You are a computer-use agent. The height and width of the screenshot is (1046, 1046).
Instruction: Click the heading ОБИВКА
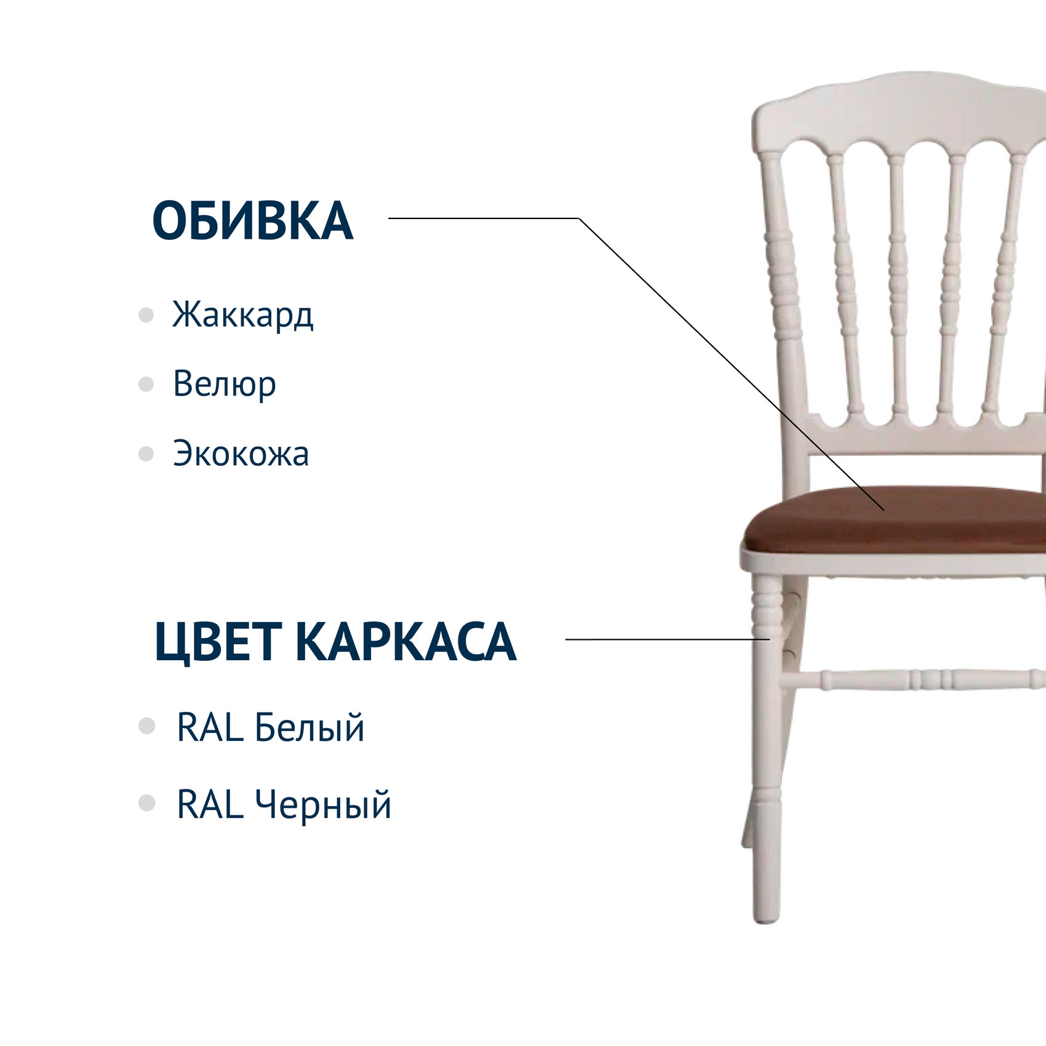252,220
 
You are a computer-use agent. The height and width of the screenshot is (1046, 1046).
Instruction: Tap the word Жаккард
242,314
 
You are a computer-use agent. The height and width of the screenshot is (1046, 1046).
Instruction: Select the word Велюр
224,384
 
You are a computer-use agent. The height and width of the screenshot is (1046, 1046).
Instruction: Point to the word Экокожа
241,453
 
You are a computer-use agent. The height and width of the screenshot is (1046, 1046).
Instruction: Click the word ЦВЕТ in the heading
218,642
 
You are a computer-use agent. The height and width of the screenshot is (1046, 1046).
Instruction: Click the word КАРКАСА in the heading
406,642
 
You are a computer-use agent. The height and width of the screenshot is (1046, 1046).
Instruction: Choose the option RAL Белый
270,727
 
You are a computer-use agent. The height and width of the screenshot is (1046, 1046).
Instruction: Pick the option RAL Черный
284,805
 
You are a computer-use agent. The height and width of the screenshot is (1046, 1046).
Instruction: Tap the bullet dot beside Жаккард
146,315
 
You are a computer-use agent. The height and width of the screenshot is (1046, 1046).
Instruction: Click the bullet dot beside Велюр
146,385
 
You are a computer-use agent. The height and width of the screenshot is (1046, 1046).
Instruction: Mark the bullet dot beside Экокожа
146,454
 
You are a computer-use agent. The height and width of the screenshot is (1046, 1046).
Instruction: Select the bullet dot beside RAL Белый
147,726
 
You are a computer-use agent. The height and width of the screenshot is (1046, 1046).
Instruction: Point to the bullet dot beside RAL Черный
147,803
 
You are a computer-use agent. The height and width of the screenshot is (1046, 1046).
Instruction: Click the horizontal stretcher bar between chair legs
911,679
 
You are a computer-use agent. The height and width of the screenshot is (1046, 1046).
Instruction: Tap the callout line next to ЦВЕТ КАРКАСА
668,639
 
